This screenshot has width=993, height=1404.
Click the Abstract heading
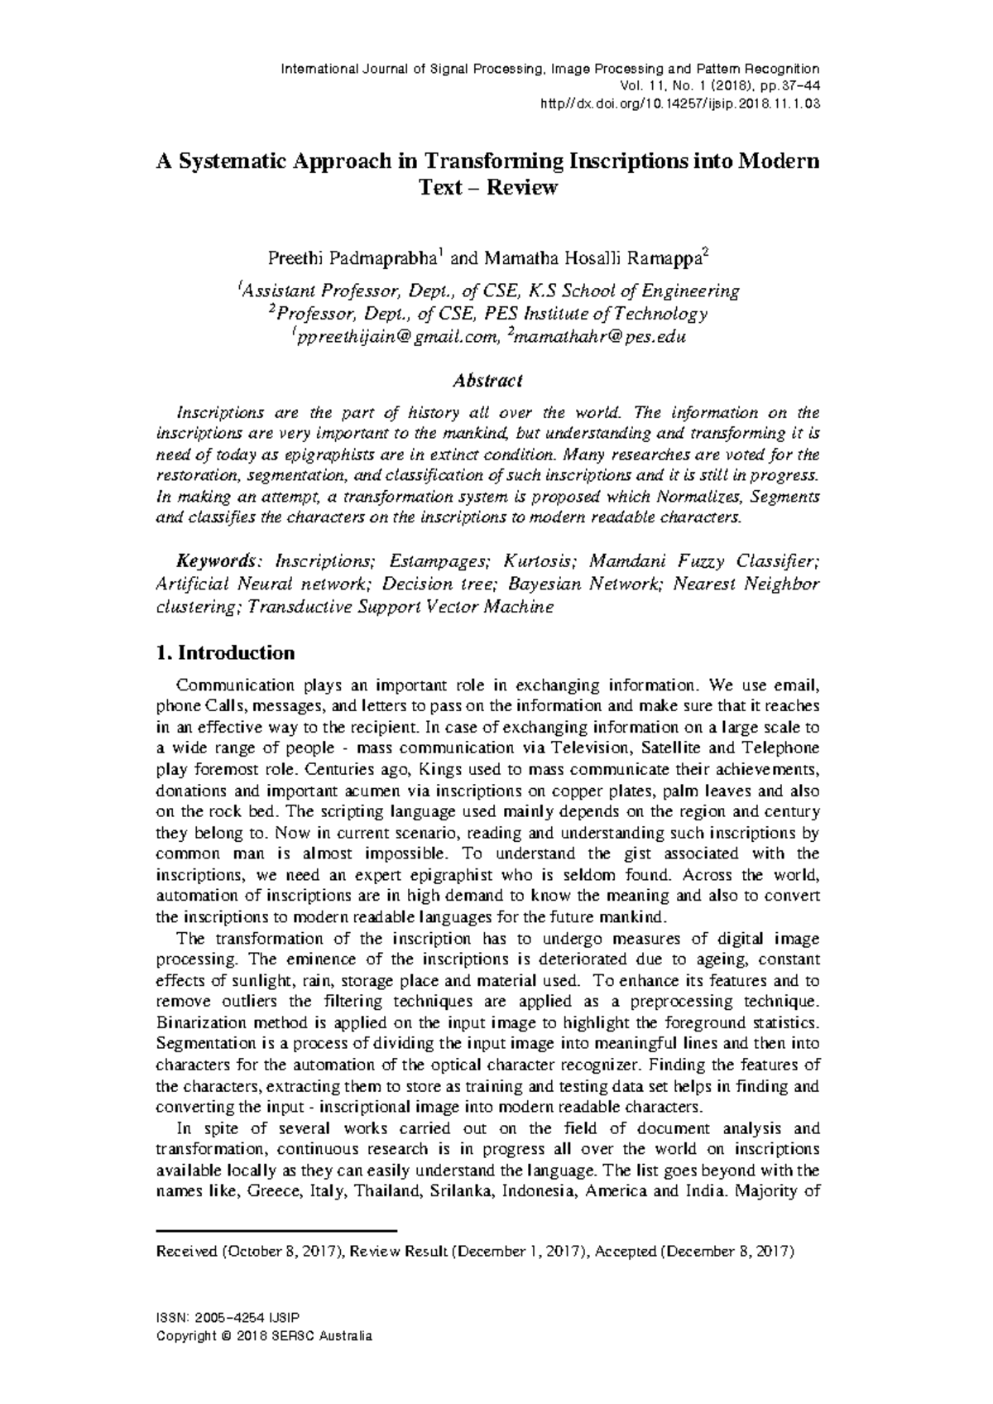point(487,381)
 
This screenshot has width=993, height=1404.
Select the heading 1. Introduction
point(225,653)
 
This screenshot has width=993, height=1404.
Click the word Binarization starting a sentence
point(197,1022)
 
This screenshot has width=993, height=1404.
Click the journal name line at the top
point(550,69)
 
